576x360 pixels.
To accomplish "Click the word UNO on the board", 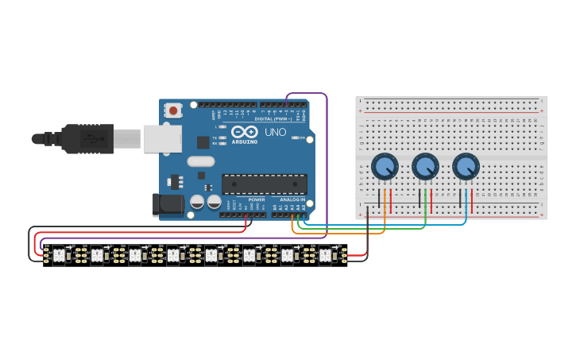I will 275,132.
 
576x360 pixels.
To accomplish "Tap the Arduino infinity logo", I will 245,131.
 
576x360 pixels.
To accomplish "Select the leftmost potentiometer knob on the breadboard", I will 385,167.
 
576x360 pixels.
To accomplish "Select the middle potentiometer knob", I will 425,167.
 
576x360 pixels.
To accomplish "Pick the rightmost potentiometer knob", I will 466,167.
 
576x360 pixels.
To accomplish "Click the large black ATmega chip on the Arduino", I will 264,184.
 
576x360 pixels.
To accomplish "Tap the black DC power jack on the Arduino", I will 168,204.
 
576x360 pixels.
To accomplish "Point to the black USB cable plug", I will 87,138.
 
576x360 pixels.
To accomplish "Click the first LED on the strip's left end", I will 59,255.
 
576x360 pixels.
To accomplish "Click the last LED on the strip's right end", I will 325,255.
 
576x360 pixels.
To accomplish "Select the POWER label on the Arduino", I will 257,199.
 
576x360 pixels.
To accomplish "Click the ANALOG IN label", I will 291,199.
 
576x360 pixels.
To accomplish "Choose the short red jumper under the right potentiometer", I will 472,200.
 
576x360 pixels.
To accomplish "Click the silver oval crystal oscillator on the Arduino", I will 201,161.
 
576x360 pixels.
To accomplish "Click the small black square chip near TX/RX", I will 203,142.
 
